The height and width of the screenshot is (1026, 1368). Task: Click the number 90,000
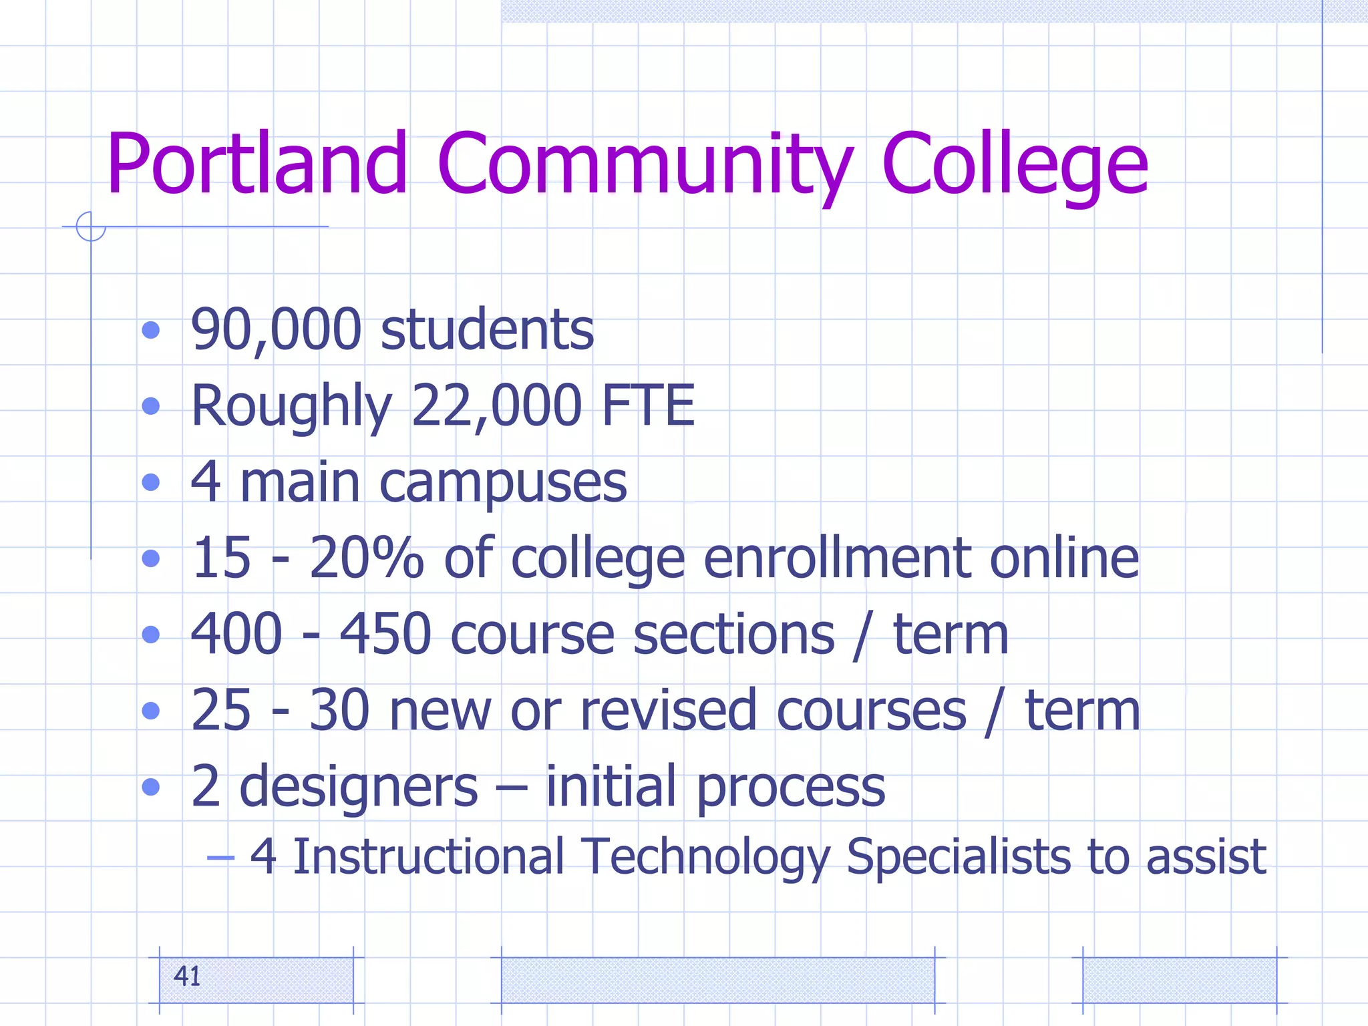(x=276, y=329)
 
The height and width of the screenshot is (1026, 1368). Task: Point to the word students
(x=487, y=329)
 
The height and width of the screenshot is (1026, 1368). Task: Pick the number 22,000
(x=496, y=405)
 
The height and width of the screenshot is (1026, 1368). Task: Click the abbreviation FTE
(x=648, y=405)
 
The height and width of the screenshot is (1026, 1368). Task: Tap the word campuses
(x=503, y=482)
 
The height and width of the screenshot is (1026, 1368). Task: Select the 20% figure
(x=366, y=558)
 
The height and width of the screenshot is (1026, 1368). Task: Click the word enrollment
(x=837, y=558)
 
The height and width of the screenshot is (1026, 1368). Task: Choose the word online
(x=1064, y=558)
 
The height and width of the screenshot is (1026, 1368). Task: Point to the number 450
(x=385, y=634)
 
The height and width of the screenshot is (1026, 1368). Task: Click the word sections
(x=733, y=634)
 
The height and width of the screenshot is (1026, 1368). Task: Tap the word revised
(x=672, y=710)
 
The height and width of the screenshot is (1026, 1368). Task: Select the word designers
(x=359, y=787)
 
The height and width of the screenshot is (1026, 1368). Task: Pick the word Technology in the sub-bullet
(x=705, y=857)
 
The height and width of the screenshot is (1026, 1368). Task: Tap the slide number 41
(x=187, y=977)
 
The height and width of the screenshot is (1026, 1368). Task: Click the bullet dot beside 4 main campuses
(x=151, y=482)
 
